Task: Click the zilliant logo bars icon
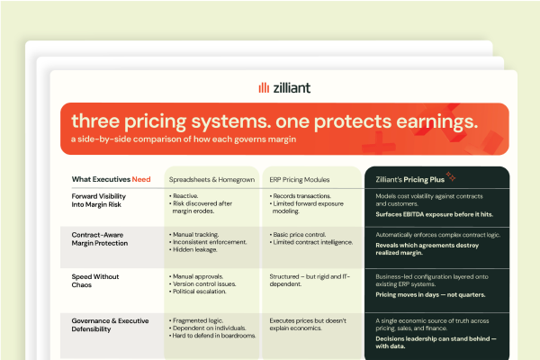263,87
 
